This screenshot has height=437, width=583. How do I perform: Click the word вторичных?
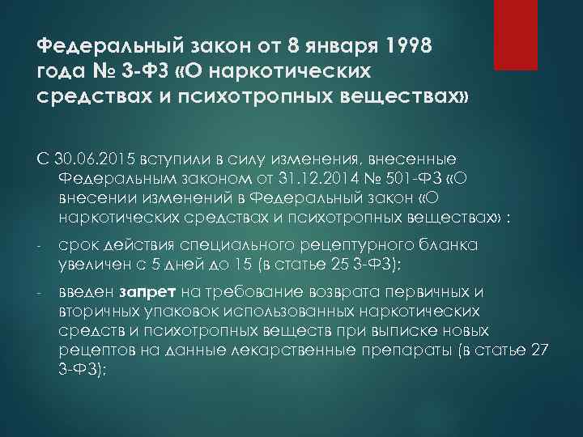[x=91, y=312]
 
